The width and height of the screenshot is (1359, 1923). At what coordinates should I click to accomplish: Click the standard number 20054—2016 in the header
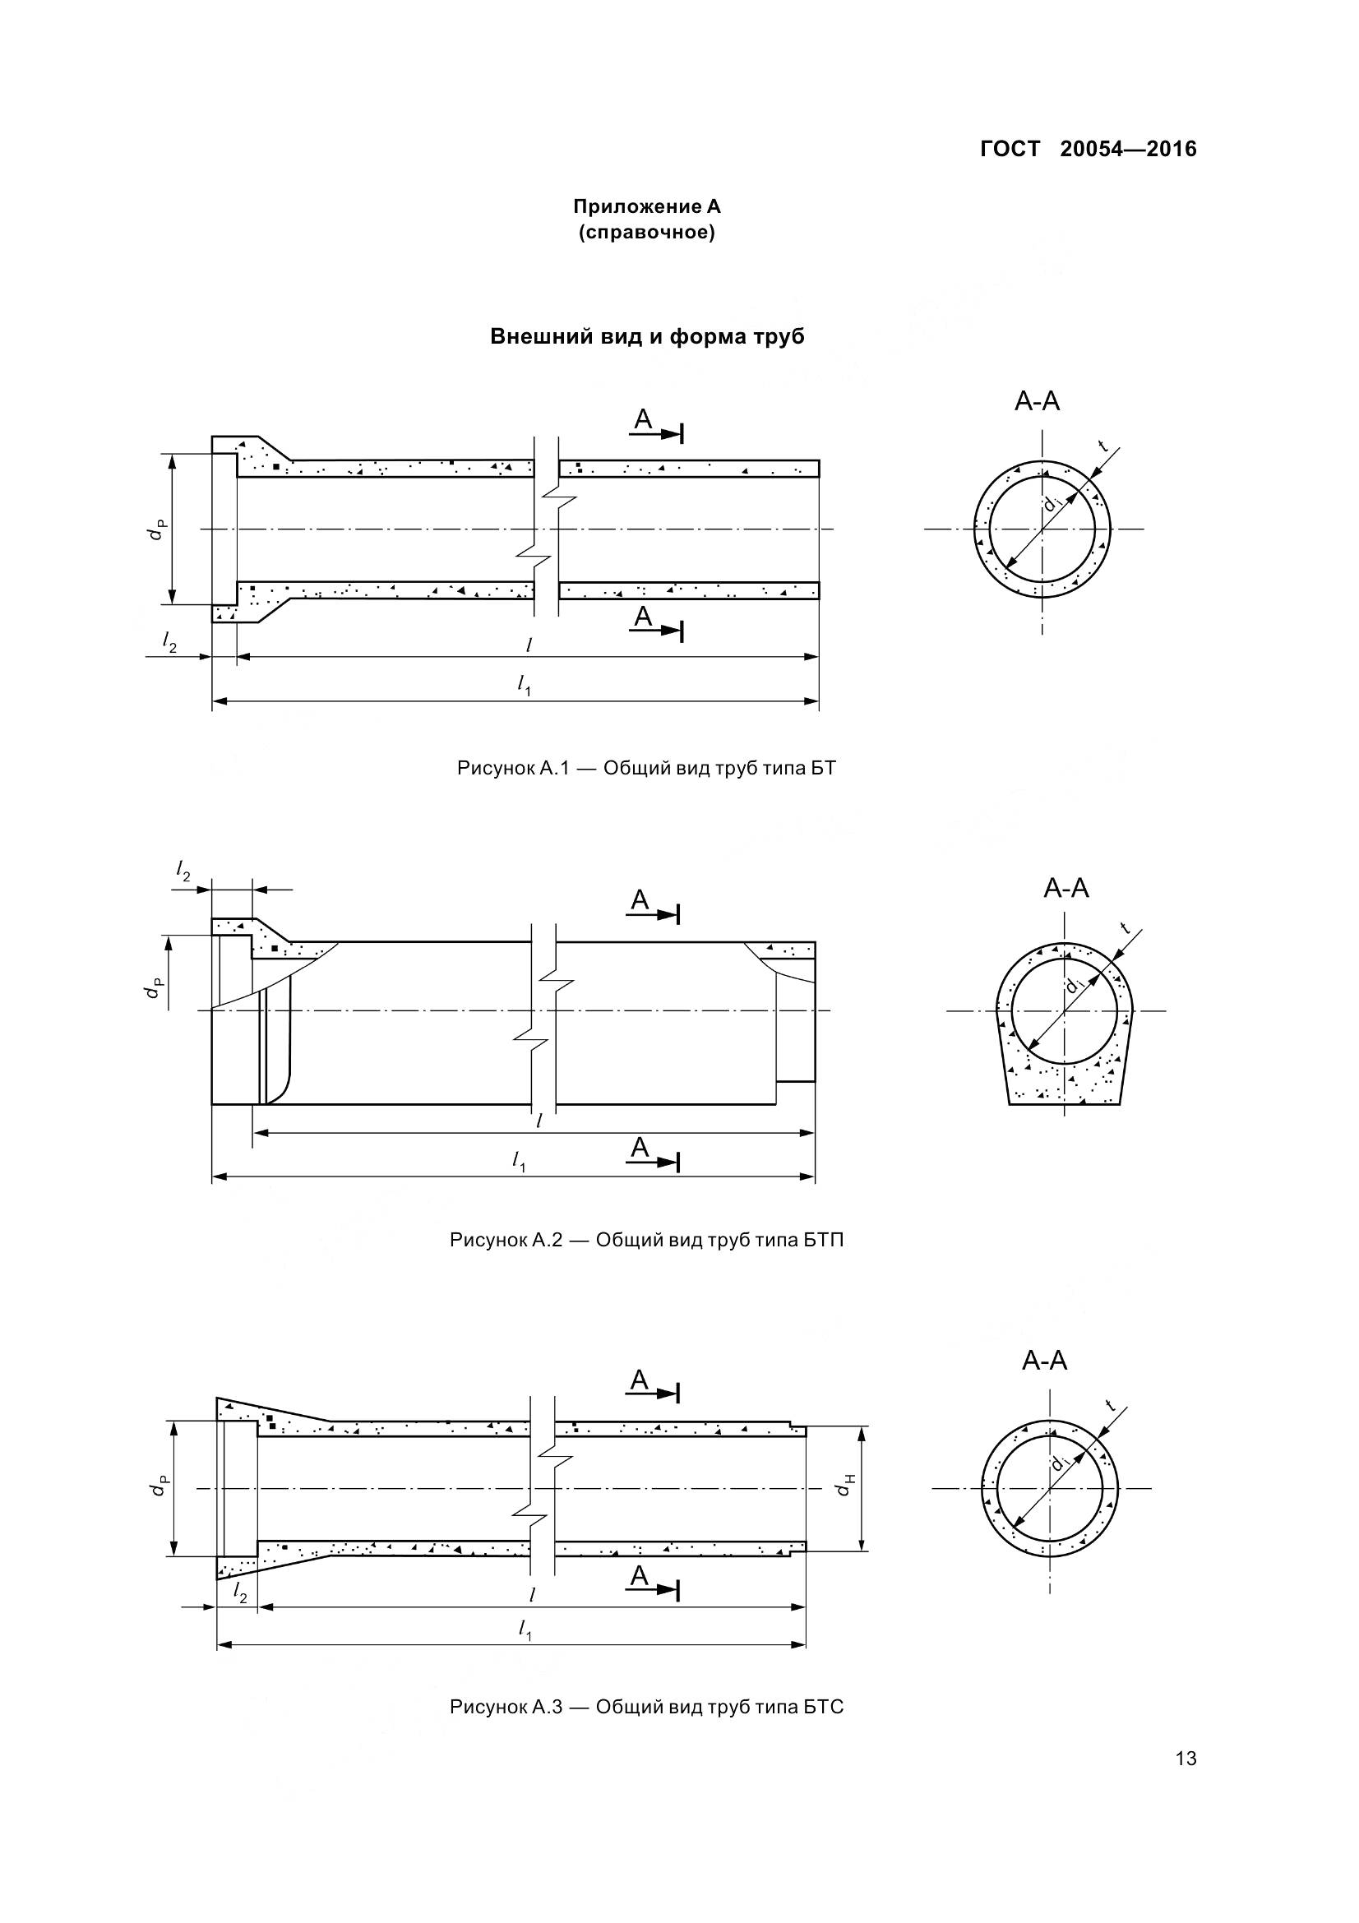click(x=1128, y=149)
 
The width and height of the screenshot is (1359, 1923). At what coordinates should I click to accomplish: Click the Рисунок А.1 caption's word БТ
click(x=823, y=768)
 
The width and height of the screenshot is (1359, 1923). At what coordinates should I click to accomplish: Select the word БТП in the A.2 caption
click(x=823, y=1240)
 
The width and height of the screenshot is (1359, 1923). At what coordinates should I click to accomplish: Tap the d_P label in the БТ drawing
click(x=156, y=530)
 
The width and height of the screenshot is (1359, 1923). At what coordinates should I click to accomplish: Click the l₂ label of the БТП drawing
click(x=183, y=871)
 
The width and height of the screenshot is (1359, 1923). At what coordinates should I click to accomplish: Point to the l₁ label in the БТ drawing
click(x=525, y=684)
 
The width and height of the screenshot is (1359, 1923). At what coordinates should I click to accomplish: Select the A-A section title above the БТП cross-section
click(x=1066, y=888)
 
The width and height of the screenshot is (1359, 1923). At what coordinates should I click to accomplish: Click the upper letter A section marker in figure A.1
click(x=642, y=418)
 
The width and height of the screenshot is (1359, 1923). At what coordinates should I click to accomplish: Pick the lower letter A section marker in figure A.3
click(x=639, y=1576)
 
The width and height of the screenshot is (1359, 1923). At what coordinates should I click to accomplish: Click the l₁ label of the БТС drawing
click(x=525, y=1629)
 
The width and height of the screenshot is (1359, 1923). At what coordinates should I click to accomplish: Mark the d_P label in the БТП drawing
click(x=153, y=988)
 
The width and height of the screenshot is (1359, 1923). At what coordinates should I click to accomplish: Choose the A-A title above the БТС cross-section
click(x=1044, y=1360)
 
